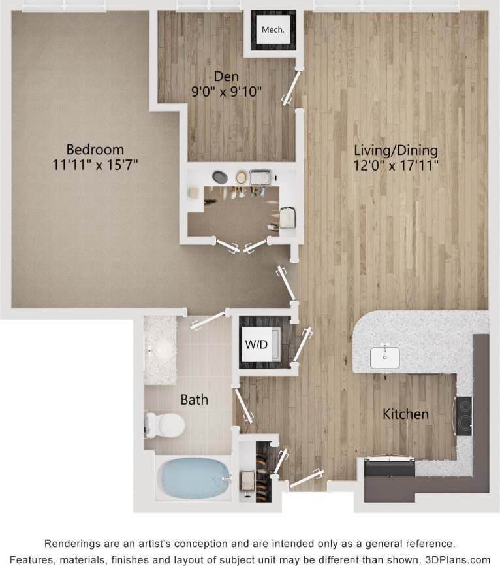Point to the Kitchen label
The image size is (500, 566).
point(405,414)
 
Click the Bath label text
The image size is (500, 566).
point(194,399)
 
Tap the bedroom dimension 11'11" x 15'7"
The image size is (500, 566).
point(95,165)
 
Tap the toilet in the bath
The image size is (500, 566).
point(164,425)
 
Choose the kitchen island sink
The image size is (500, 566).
point(385,356)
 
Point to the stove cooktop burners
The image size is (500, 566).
point(464,416)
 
